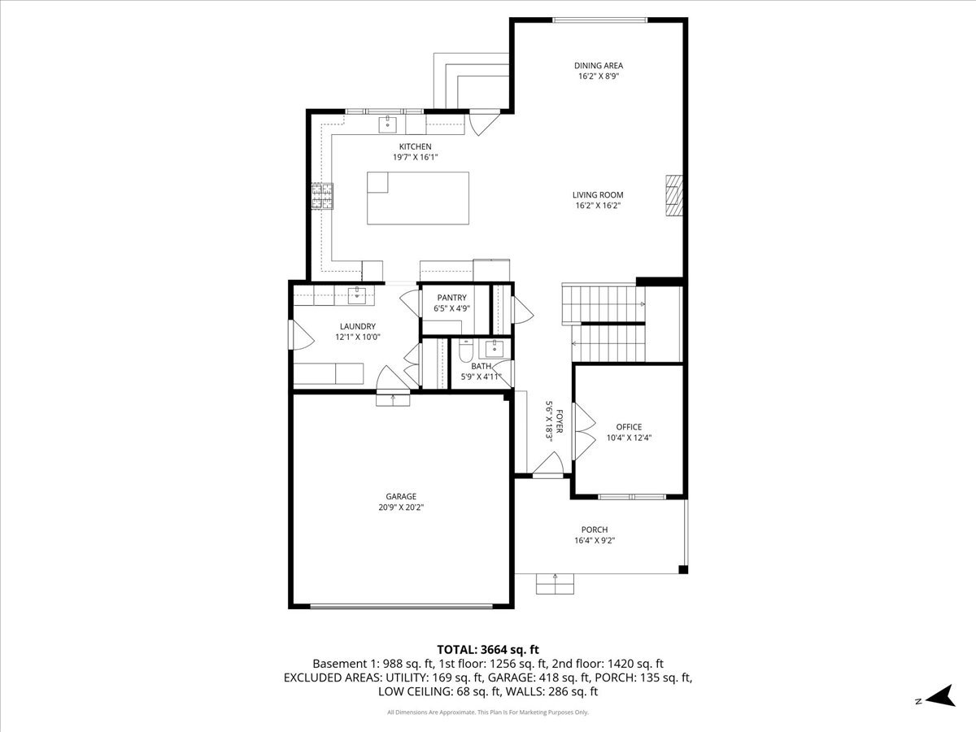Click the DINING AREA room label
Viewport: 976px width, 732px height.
click(x=598, y=66)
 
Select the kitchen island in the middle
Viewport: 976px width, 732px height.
click(x=418, y=198)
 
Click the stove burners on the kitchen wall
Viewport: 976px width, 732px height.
click(x=323, y=197)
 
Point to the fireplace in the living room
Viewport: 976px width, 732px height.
click(x=673, y=196)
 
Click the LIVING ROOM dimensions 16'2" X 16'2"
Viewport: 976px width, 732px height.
click(x=598, y=206)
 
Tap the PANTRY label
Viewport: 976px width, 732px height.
click(x=451, y=298)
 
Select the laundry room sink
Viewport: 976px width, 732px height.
click(x=358, y=294)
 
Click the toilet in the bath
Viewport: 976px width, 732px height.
click(x=465, y=351)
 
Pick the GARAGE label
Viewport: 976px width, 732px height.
click(x=401, y=496)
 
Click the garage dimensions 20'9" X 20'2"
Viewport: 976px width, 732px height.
click(x=401, y=508)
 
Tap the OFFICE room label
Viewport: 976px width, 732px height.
click(x=629, y=427)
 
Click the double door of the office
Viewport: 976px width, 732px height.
click(x=582, y=420)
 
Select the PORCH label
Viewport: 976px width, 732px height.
click(x=594, y=529)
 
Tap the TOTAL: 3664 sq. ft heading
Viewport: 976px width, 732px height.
click(x=488, y=649)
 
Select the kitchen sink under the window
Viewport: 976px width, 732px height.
click(x=388, y=124)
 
